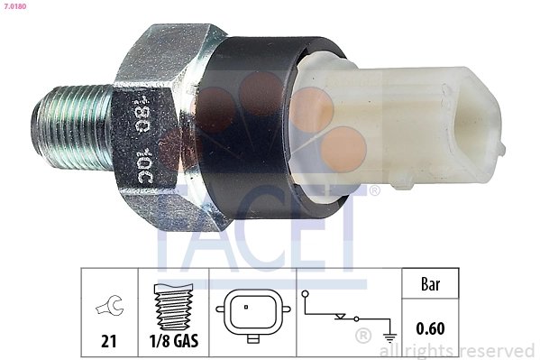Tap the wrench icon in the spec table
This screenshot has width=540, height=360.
[109, 310]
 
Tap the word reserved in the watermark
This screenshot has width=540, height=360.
[500, 349]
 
